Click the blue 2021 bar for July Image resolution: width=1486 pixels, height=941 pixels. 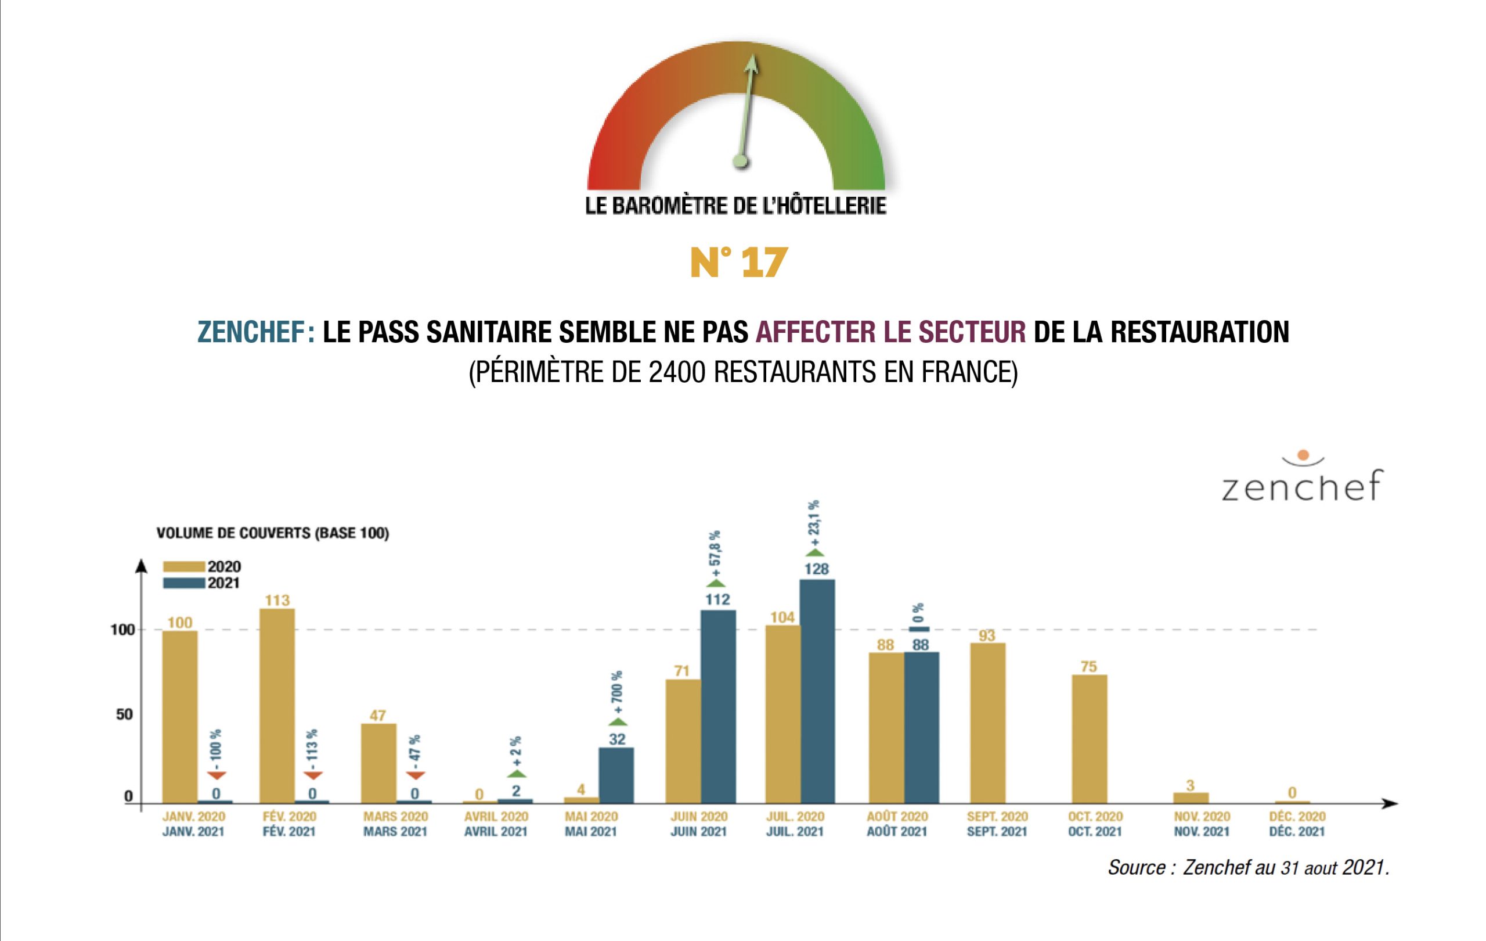[817, 692]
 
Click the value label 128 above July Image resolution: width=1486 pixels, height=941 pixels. [817, 569]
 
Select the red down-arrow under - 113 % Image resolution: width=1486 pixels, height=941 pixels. [313, 775]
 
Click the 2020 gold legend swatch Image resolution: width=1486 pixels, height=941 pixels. [184, 567]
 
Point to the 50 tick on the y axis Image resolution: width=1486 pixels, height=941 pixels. [124, 714]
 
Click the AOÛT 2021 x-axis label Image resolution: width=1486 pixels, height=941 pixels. [897, 832]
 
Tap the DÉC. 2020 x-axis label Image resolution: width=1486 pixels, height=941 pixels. [1297, 816]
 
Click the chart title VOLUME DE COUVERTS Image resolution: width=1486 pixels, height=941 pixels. [272, 533]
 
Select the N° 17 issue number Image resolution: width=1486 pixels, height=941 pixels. [739, 263]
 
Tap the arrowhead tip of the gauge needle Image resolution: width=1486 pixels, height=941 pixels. [752, 59]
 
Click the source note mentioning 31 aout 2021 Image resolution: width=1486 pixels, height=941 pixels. [1249, 868]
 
